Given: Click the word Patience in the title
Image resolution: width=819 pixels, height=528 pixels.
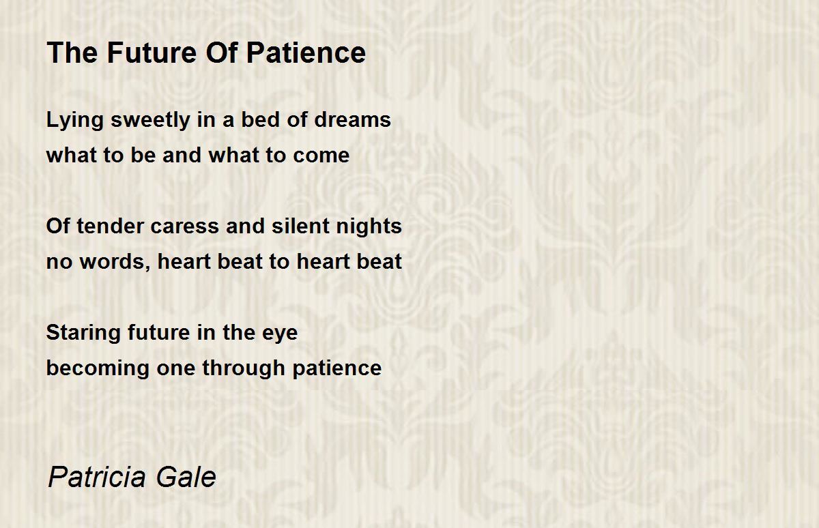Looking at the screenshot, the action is point(306,53).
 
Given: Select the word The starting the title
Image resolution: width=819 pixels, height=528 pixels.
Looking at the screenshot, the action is point(72,53).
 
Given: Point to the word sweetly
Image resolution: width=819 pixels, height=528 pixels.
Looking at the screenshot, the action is point(150,120).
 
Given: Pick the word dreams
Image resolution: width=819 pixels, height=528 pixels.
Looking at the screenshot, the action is point(352,119).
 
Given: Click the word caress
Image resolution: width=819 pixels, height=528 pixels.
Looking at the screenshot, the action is point(185,226).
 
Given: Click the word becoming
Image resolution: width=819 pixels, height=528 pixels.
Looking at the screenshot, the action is point(98,368).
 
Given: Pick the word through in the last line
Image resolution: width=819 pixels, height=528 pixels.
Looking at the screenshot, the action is point(244,368).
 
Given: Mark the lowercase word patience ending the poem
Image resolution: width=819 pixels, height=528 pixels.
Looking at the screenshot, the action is point(336,368).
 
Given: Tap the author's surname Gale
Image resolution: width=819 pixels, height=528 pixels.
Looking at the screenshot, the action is point(186,477).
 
